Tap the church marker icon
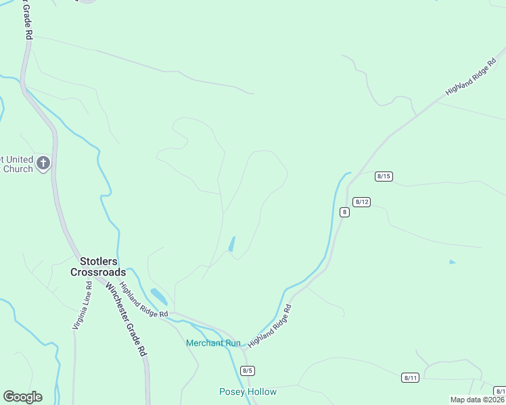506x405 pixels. coord(43,163)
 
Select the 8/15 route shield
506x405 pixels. coord(384,176)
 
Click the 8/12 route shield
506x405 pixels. coord(361,202)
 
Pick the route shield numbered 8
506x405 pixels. coord(344,212)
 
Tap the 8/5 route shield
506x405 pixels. coord(247,371)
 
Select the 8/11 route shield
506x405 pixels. coord(410,377)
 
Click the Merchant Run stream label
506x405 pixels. coord(213,343)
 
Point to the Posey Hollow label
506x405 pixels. coord(248,391)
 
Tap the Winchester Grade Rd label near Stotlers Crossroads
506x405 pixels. coord(125,319)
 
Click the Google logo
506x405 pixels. coord(22,397)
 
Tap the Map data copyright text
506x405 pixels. coord(477,400)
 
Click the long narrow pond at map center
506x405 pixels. coord(232,244)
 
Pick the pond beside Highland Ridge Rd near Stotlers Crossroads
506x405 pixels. coord(159,296)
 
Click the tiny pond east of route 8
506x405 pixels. coord(452,262)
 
